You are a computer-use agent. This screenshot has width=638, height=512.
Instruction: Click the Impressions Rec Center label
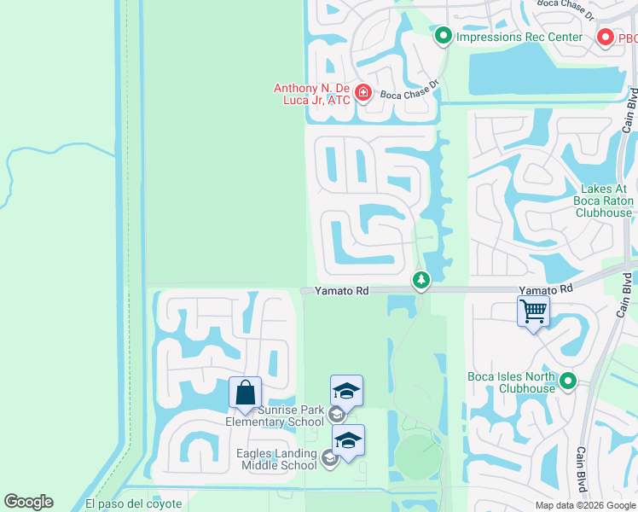point(519,37)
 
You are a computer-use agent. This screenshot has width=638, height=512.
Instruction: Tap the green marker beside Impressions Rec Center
point(444,36)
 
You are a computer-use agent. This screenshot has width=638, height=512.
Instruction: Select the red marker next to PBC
point(605,38)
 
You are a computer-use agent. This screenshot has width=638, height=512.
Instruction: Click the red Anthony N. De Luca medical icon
point(362,92)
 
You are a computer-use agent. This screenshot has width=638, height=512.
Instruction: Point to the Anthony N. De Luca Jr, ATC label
point(313,93)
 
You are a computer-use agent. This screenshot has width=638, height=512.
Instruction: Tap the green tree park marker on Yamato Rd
point(420,279)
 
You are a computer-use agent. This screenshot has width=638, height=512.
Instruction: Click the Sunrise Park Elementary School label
point(275,416)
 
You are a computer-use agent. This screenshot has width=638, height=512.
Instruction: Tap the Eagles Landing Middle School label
point(278,459)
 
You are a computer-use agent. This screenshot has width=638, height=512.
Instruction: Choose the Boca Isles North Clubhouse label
point(512,382)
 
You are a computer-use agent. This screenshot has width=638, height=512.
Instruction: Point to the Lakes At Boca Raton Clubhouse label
point(604,201)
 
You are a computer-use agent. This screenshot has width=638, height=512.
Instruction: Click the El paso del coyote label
point(133,503)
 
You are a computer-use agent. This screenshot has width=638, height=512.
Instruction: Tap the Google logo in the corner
point(28,502)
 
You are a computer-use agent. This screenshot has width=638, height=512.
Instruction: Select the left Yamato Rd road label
point(341,291)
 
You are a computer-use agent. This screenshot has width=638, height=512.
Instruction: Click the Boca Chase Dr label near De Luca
point(409,90)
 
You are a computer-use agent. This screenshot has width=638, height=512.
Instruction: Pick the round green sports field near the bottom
point(418,456)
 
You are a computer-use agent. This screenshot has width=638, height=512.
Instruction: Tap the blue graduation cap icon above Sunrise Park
point(346,390)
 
